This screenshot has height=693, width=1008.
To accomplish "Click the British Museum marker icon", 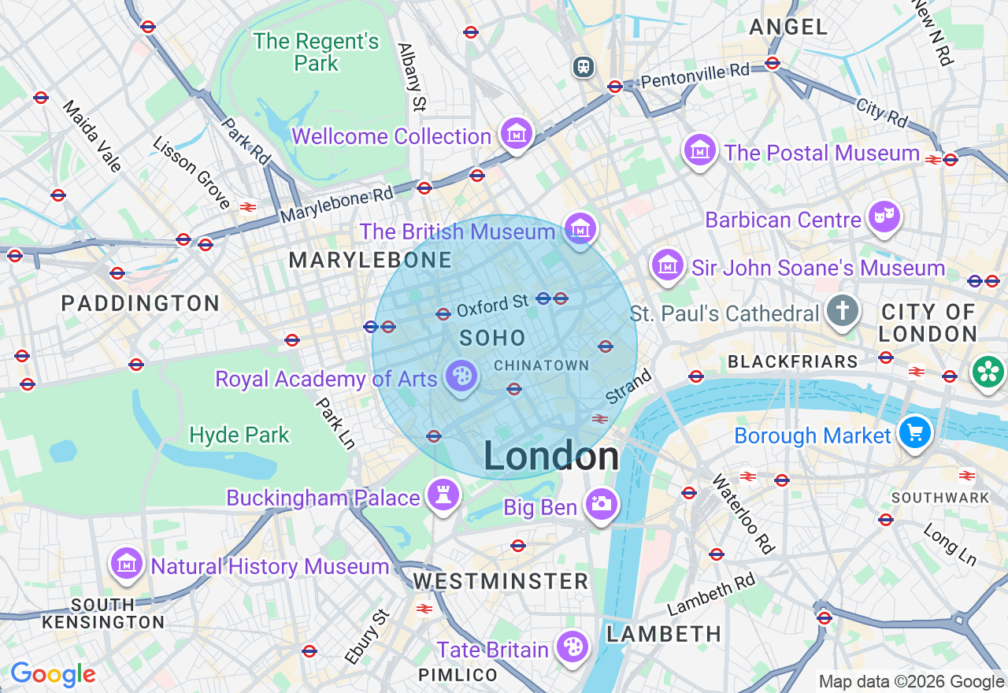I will coord(581,229).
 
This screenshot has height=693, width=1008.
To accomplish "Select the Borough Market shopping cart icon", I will coord(915,432).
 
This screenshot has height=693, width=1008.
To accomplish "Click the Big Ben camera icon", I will coord(601,504).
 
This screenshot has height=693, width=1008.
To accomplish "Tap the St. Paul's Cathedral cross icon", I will coord(842,311).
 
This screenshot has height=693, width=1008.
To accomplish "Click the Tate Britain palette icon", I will coord(571,647).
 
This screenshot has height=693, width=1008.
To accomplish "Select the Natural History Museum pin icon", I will coord(126,564).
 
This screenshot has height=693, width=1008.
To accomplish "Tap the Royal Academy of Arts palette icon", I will coord(460,376).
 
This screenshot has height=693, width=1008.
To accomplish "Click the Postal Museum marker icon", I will coord(699,150).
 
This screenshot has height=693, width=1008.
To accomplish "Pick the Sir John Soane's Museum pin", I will coord(668,265).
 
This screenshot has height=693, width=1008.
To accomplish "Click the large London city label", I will coord(551,457).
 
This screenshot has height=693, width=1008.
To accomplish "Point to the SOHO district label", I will coord(493,339).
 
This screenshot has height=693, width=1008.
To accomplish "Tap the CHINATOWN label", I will coord(541,365).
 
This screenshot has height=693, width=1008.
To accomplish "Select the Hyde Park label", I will coord(239,435).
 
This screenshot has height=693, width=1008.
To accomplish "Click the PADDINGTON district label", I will coord(140,303).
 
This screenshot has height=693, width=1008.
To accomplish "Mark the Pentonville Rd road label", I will coord(695,76).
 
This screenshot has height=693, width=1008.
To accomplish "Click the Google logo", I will coord(53,674).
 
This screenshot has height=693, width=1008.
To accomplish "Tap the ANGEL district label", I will coord(788,28).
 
